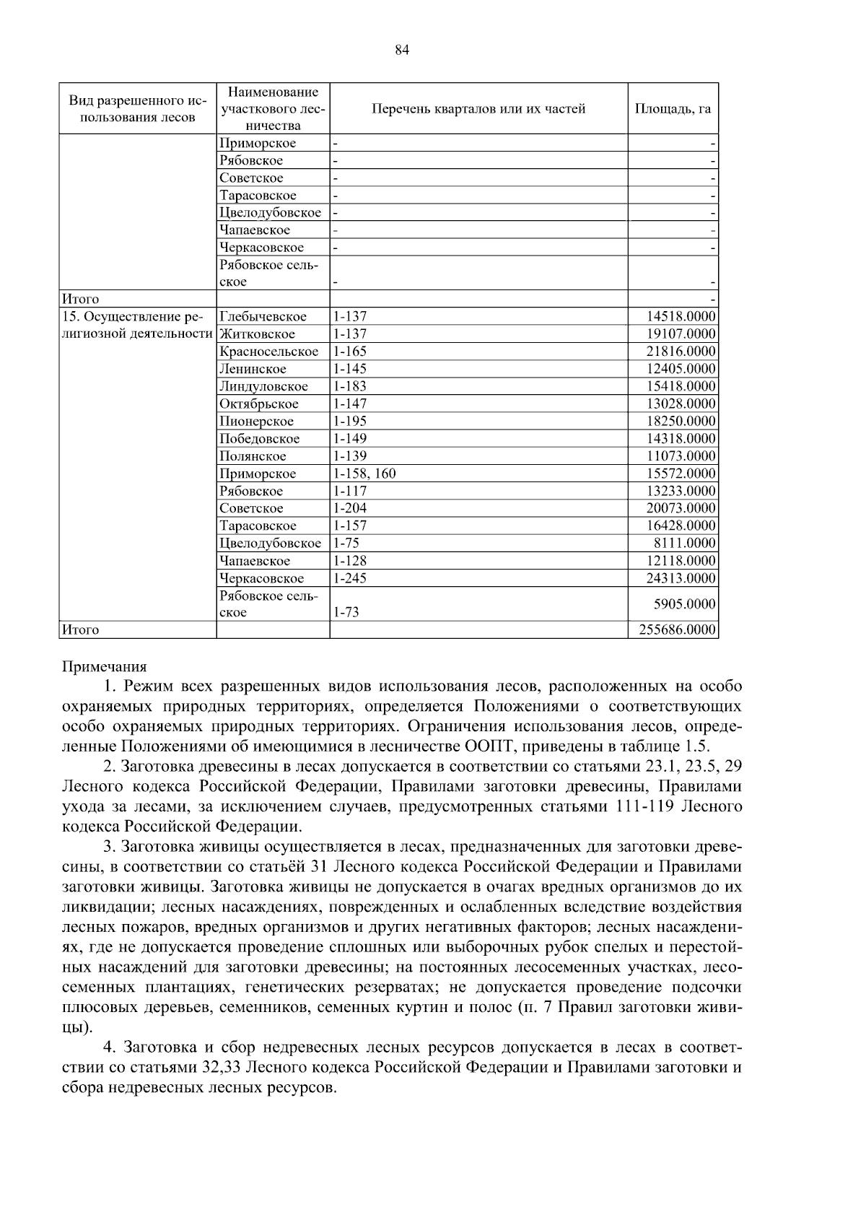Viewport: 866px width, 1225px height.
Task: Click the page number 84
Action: coord(403,50)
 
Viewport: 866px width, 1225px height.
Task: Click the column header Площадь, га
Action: coord(672,109)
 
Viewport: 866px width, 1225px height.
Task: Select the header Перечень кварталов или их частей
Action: coord(478,109)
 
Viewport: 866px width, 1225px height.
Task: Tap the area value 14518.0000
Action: coord(681,317)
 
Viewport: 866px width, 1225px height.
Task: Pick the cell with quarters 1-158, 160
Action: coord(364,474)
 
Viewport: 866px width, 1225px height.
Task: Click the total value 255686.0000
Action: coord(677,630)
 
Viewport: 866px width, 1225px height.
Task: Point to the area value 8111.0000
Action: coord(687,544)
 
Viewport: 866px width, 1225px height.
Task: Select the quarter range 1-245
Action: coord(350,578)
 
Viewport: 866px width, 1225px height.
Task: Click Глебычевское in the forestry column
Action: coord(263,317)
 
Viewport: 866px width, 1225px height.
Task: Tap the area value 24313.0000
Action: coord(681,578)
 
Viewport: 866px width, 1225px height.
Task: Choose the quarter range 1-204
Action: coord(350,508)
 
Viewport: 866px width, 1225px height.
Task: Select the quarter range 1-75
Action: coord(346,544)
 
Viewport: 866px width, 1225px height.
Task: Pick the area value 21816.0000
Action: coord(681,352)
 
